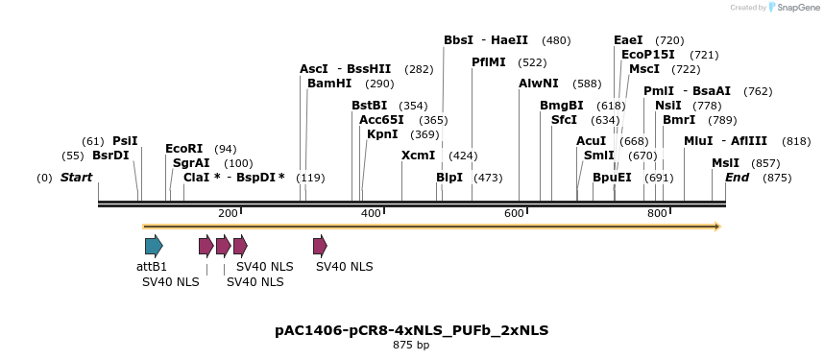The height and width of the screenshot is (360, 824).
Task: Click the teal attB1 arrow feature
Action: [x=154, y=245]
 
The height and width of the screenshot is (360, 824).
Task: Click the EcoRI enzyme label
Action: [x=184, y=149]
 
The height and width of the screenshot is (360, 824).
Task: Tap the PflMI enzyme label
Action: [x=489, y=62]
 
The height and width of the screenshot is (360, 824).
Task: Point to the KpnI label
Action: [x=382, y=134]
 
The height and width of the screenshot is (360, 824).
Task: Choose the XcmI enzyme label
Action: [x=419, y=156]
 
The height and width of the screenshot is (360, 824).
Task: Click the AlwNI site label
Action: [x=539, y=84]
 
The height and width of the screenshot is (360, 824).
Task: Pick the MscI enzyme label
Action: [x=644, y=69]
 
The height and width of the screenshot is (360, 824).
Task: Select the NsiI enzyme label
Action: [x=668, y=106]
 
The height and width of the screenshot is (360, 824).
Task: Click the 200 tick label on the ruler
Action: [x=228, y=213]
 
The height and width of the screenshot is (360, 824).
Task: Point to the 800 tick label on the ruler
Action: [x=657, y=213]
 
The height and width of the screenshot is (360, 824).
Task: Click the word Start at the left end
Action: [x=77, y=178]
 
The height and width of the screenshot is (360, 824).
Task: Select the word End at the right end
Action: [x=738, y=178]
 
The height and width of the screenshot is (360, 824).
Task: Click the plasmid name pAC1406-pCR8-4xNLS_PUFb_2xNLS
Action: [x=411, y=330]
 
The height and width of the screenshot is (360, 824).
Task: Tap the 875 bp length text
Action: [x=411, y=345]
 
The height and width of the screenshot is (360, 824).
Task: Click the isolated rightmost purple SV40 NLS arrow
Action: [x=320, y=245]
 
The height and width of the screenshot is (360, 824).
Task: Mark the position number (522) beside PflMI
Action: [x=532, y=62]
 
